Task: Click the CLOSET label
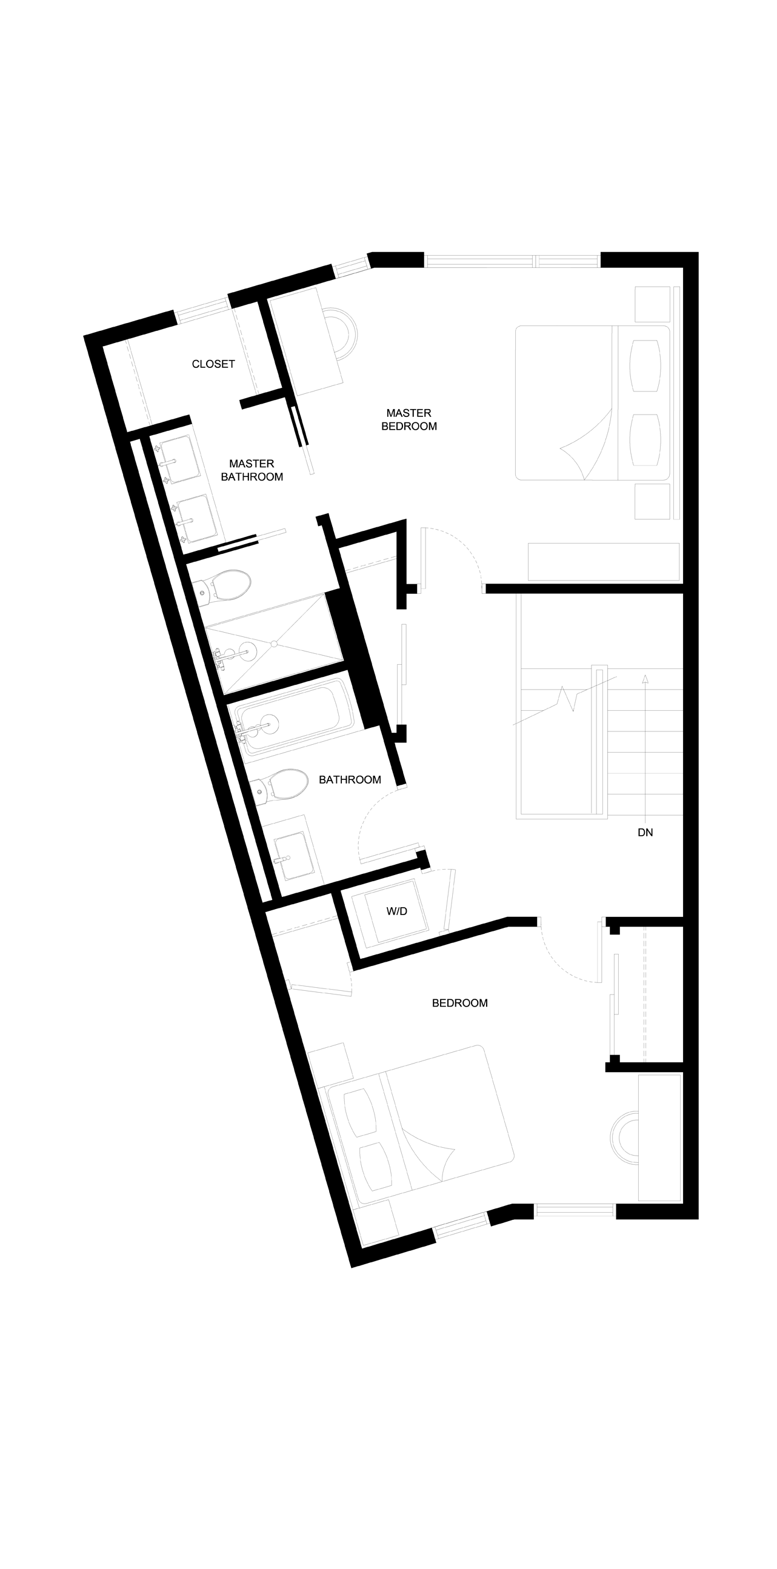click(213, 364)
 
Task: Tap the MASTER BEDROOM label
click(409, 419)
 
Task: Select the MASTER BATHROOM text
click(252, 470)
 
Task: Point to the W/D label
click(396, 912)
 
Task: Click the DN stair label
click(645, 832)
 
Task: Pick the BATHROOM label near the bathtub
click(350, 779)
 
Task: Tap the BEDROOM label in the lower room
click(460, 1003)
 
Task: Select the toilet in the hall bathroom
click(280, 787)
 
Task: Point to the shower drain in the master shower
click(274, 643)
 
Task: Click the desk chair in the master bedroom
click(343, 336)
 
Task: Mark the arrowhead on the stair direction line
click(645, 678)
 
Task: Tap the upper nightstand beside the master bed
click(652, 304)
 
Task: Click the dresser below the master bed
click(604, 562)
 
